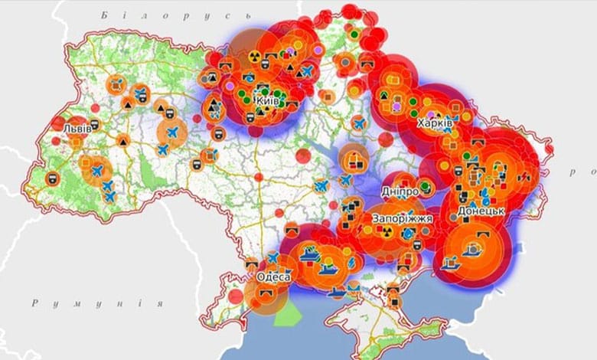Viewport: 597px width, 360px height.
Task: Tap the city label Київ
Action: click(x=267, y=100)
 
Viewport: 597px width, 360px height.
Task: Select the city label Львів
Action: click(x=77, y=128)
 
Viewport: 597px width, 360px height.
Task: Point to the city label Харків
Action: click(x=435, y=123)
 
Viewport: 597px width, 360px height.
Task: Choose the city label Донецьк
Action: click(x=480, y=210)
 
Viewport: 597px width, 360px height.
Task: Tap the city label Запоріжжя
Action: click(x=403, y=218)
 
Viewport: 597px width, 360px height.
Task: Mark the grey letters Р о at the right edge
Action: click(x=582, y=173)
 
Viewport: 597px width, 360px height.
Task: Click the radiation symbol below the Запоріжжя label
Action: click(x=388, y=231)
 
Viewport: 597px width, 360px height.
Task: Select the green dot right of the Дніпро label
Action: click(x=426, y=188)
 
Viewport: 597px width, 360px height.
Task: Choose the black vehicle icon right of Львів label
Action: click(x=94, y=124)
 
